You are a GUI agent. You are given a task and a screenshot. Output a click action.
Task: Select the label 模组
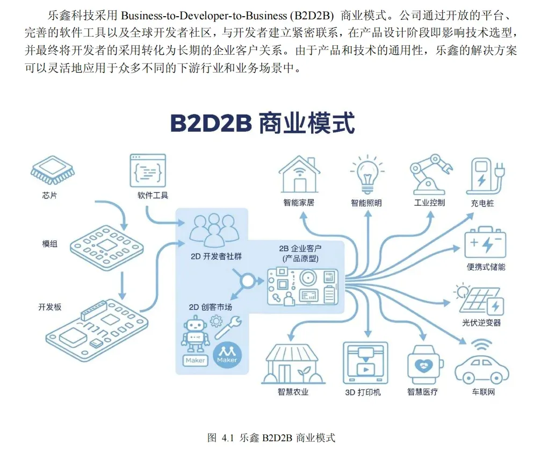[50, 243]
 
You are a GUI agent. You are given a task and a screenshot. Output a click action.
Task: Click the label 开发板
[50, 307]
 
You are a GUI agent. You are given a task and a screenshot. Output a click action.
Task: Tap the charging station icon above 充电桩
[485, 175]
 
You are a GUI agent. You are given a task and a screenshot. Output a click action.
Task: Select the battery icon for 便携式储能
[485, 243]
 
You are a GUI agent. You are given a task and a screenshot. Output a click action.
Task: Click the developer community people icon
[214, 229]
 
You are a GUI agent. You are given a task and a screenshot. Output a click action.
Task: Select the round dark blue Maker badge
[227, 354]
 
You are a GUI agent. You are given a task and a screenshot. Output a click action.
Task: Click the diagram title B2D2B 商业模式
[262, 123]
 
